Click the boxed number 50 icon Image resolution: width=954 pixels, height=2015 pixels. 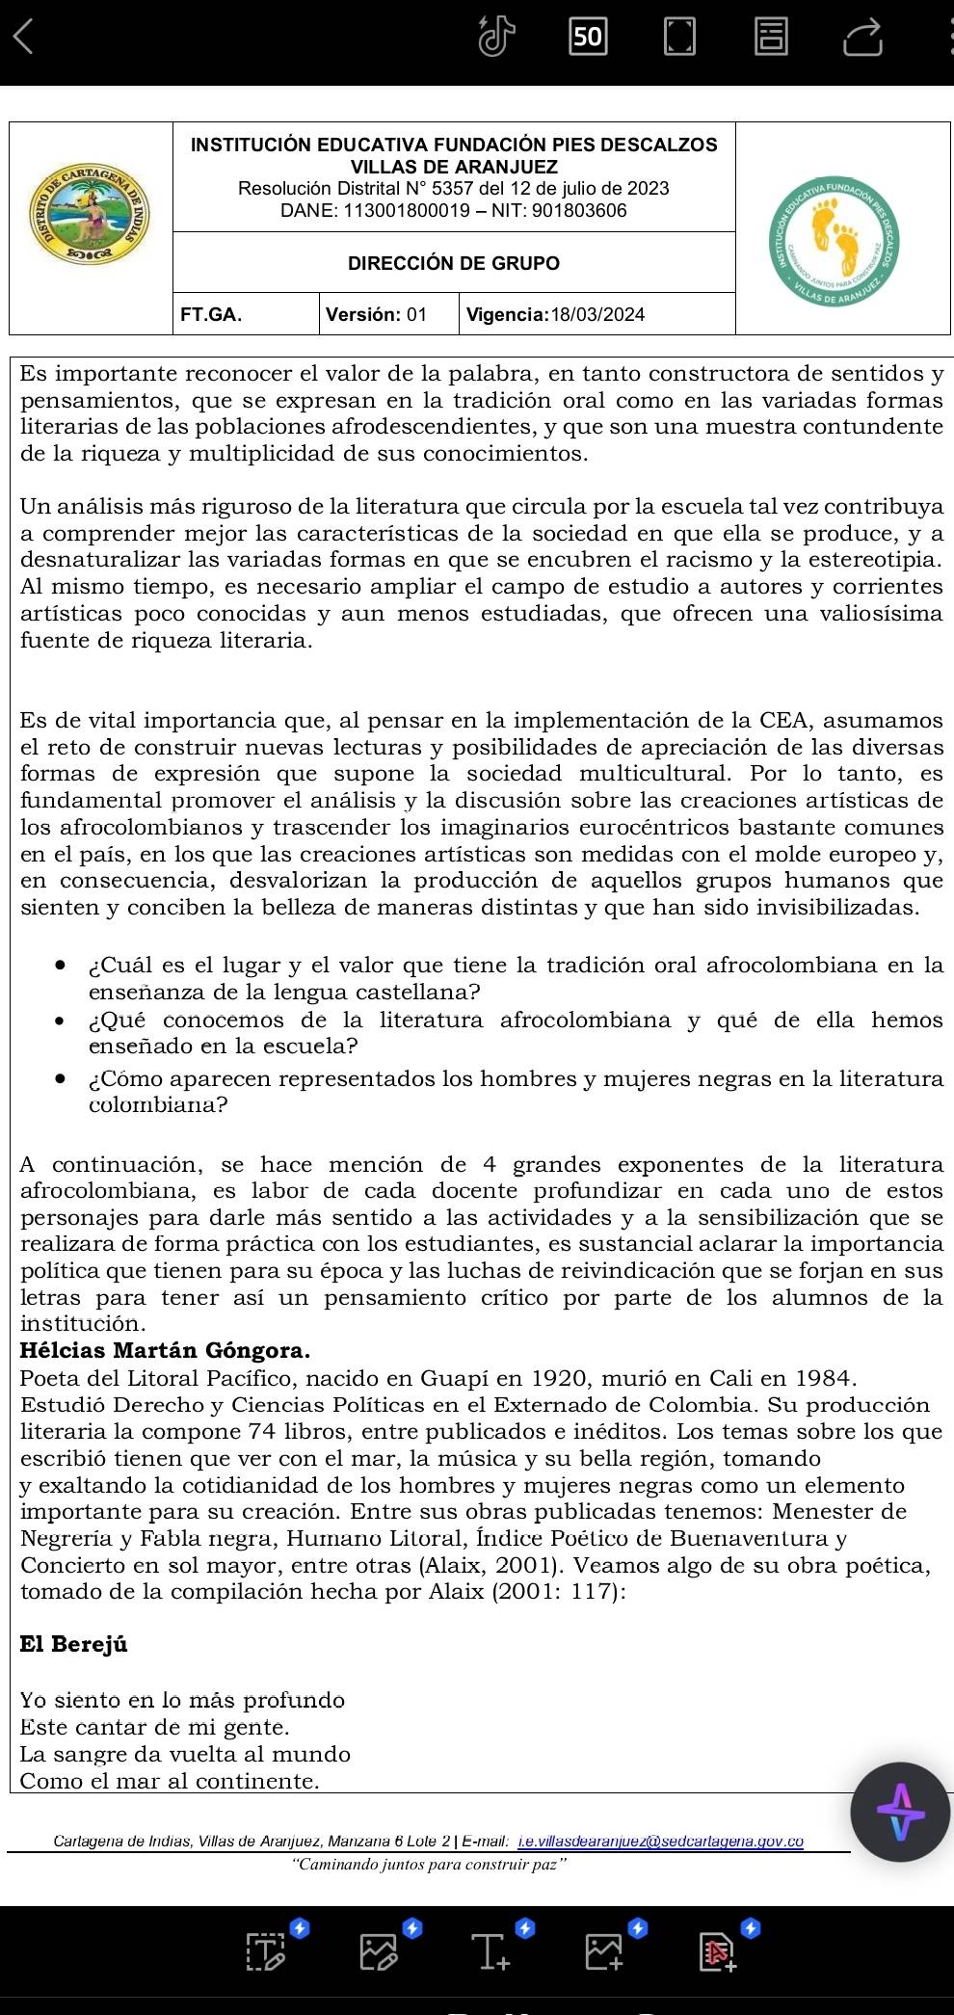click(x=587, y=37)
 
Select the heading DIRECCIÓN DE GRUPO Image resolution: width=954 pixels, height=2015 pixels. click(x=453, y=263)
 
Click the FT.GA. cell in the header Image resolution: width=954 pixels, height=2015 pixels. click(x=211, y=314)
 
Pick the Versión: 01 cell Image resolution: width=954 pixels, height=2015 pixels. click(x=376, y=314)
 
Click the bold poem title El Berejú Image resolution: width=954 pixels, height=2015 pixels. click(x=73, y=1644)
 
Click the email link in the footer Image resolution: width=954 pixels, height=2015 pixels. click(x=660, y=1842)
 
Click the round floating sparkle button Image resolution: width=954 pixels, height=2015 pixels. click(x=900, y=1813)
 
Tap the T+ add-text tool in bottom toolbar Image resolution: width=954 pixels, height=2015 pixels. click(x=491, y=1950)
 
